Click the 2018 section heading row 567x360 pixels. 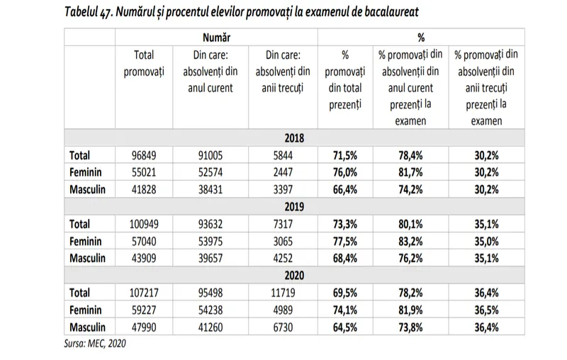click(293, 138)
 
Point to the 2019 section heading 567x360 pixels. click(293, 207)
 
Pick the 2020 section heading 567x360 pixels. click(293, 275)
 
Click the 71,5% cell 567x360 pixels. click(344, 155)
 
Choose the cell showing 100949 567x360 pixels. click(145, 224)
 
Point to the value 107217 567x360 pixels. click(145, 293)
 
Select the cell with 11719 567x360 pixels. click(282, 293)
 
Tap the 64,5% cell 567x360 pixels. click(344, 327)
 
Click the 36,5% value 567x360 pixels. click(486, 310)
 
